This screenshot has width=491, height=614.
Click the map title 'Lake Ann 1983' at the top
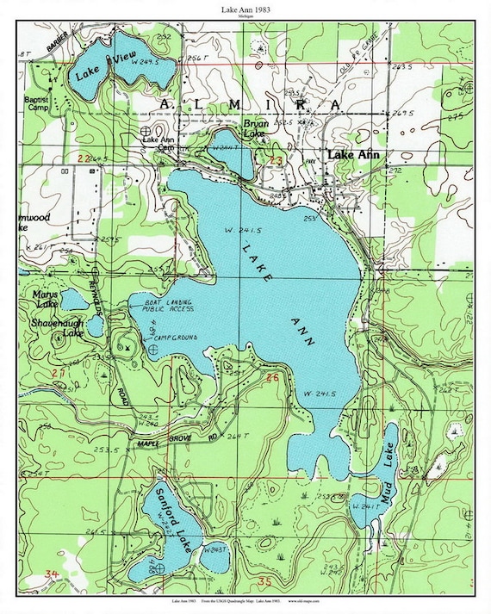(245, 8)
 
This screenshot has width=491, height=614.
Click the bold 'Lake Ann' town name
(354, 154)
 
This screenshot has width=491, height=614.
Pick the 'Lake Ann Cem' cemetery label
(159, 143)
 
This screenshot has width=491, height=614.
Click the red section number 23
(277, 160)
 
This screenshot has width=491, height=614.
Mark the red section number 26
(273, 377)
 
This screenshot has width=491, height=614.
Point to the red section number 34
(53, 574)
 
